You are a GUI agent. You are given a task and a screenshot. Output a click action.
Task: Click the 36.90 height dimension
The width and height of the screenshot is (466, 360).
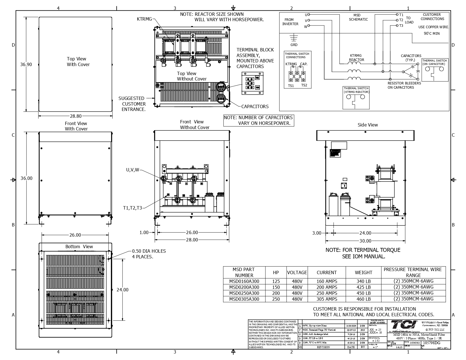tap(26, 64)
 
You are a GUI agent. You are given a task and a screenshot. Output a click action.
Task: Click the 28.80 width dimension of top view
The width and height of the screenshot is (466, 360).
tap(75, 116)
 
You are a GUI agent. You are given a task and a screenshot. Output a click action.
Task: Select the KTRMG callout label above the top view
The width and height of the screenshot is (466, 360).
tap(144, 19)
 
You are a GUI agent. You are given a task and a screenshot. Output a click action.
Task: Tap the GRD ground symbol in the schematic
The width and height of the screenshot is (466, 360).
tap(294, 38)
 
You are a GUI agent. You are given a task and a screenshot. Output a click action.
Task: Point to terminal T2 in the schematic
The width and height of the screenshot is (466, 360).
tap(401, 20)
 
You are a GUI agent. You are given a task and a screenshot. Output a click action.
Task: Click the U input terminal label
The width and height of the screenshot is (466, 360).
tap(306, 15)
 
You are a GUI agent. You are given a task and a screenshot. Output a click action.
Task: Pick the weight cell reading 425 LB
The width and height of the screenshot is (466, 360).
tap(363, 287)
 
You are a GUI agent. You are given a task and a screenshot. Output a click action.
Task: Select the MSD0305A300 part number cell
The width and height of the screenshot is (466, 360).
tap(244, 299)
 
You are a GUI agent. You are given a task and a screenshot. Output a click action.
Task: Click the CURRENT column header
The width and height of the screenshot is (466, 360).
tap(326, 272)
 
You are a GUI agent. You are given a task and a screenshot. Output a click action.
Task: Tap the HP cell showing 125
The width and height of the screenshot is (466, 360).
tap(276, 281)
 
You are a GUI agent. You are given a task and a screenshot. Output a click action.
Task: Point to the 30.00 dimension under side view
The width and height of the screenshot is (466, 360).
tap(365, 241)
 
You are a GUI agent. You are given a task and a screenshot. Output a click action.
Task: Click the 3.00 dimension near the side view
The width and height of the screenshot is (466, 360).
tap(317, 233)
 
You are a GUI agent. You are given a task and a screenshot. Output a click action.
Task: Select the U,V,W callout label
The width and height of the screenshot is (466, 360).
tap(132, 170)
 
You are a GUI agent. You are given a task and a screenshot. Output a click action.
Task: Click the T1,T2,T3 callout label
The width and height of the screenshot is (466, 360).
tap(132, 208)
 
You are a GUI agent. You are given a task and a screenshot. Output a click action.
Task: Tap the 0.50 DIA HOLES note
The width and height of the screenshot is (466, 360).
tap(149, 254)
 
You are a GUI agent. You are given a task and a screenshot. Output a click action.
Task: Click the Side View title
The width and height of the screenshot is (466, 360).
tap(367, 125)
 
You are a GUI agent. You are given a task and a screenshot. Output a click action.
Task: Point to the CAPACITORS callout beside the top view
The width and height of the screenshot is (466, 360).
tap(255, 106)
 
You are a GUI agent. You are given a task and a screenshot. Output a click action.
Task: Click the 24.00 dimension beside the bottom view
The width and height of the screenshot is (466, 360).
tap(122, 290)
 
